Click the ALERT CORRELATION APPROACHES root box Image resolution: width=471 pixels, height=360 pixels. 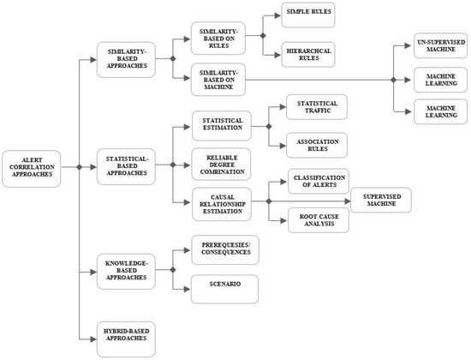click(x=32, y=169)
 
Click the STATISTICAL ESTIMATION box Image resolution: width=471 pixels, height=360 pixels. click(x=220, y=126)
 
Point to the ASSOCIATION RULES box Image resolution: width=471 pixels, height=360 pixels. click(x=316, y=145)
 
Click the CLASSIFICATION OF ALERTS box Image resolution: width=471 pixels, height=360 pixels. click(x=318, y=183)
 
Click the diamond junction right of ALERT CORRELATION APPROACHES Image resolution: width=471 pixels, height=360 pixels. click(x=78, y=168)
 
